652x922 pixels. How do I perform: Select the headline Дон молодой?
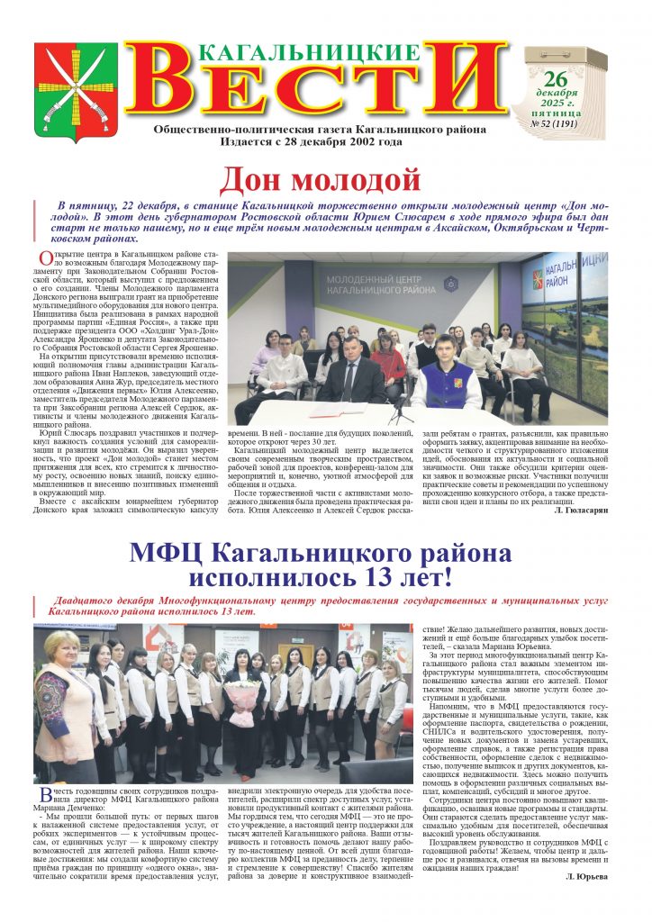click(x=321, y=178)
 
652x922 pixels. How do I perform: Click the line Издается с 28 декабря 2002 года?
click(x=321, y=141)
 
